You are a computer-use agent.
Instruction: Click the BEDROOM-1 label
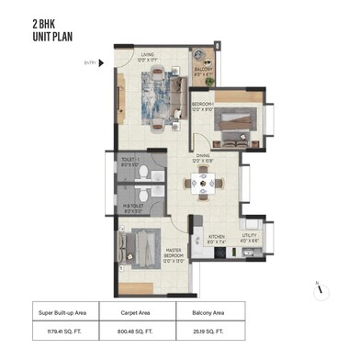pyautogui.click(x=204, y=107)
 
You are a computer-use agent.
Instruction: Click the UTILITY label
pyautogui.click(x=250, y=236)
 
